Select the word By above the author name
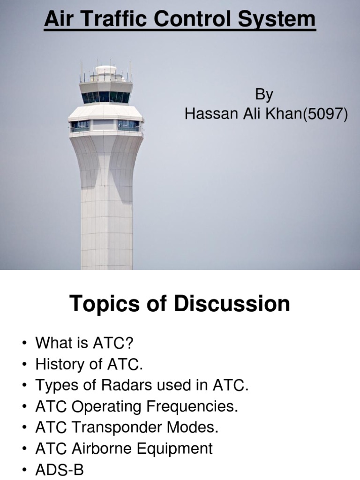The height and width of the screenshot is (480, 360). coord(264,95)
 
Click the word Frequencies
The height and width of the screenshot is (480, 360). coord(192,406)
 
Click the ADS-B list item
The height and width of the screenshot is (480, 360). coord(59,470)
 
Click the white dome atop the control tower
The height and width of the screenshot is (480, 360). coord(105,70)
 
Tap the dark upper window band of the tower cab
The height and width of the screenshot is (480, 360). coord(106,97)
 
